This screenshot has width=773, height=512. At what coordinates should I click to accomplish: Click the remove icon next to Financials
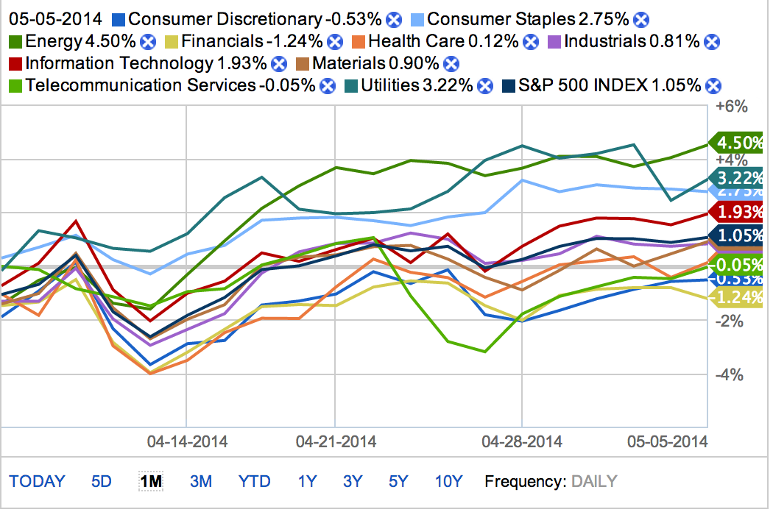click(336, 42)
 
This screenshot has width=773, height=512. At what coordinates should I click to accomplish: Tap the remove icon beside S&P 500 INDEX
click(712, 86)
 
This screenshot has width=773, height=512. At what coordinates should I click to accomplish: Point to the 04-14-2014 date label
click(187, 441)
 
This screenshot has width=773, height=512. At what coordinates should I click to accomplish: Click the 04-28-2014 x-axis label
click(521, 441)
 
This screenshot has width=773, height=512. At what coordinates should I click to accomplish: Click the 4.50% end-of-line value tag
click(738, 143)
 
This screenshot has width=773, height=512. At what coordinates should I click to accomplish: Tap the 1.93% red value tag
click(738, 212)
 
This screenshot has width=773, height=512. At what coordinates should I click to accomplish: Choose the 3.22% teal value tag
click(738, 177)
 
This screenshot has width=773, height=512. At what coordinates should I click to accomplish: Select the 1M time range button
click(151, 482)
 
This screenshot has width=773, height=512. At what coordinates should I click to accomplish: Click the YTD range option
click(254, 482)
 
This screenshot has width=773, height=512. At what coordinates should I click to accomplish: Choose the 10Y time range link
click(448, 482)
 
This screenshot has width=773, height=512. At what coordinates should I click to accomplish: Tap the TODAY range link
click(37, 482)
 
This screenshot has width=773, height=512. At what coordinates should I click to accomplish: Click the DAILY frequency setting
click(594, 482)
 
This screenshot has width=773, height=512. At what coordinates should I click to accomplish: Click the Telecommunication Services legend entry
click(140, 85)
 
